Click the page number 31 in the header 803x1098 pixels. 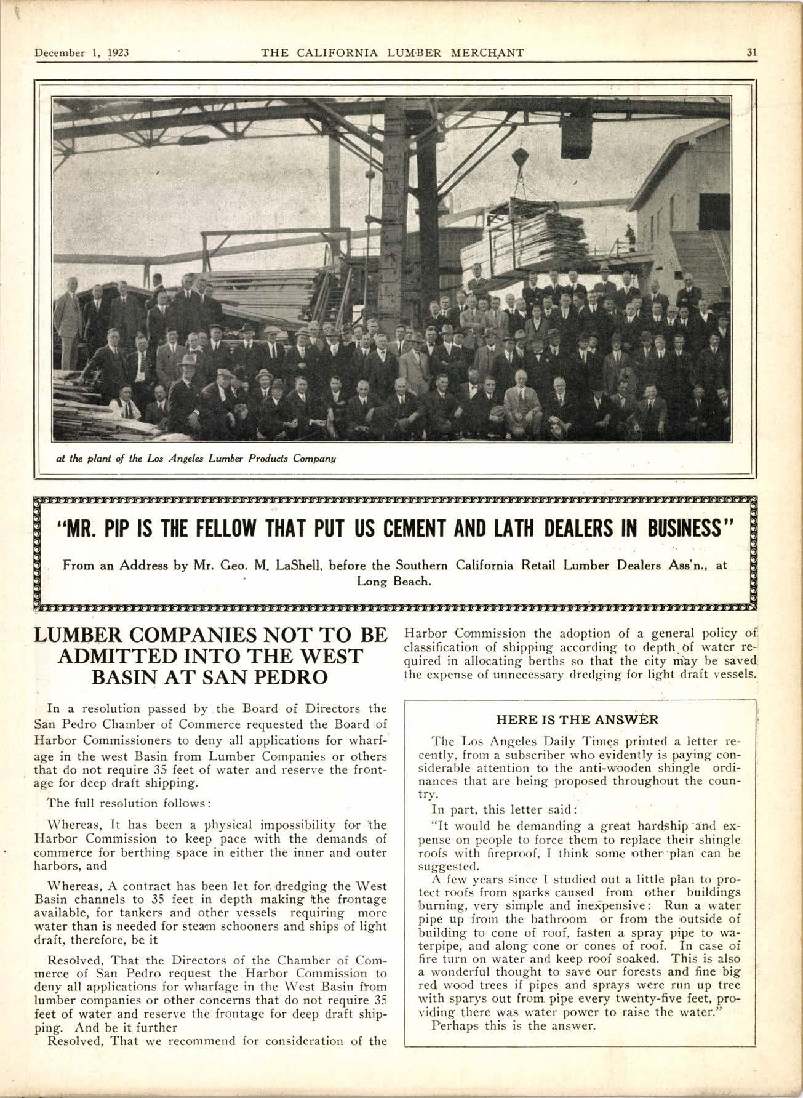pyautogui.click(x=751, y=52)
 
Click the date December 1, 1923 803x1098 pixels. pyautogui.click(x=81, y=52)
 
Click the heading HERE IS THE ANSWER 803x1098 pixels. pyautogui.click(x=577, y=719)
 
